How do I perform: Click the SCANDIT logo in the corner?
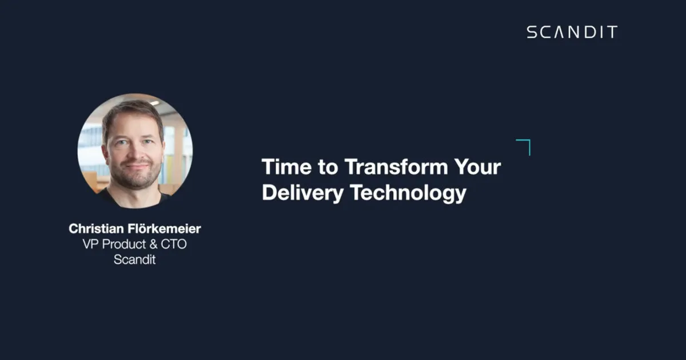[x=572, y=32]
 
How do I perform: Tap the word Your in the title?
[x=477, y=168]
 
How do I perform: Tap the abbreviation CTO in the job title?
[x=174, y=244]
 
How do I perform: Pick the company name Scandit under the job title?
[x=135, y=259]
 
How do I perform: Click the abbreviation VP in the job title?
[x=90, y=244]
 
